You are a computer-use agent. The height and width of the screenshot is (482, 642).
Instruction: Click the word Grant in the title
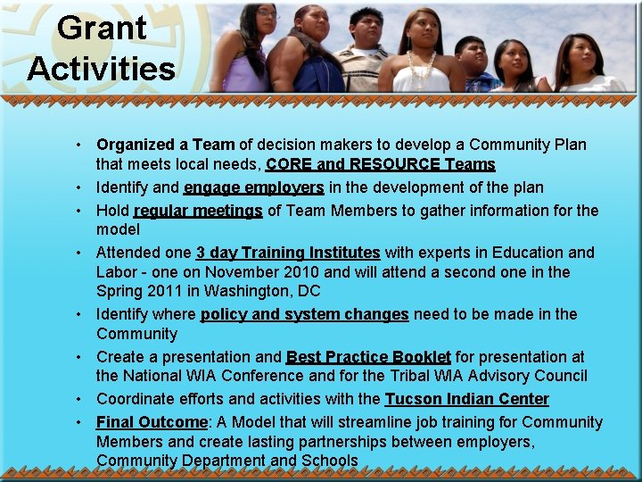[101, 28]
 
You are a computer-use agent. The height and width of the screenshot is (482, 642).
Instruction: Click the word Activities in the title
[101, 69]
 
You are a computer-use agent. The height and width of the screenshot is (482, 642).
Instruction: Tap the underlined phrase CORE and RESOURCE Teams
[380, 164]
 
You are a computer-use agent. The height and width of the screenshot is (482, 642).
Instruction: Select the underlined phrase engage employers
[253, 187]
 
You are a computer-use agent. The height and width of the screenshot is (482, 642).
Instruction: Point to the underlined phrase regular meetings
[198, 211]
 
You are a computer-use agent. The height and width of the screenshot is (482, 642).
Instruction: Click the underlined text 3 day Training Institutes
[288, 253]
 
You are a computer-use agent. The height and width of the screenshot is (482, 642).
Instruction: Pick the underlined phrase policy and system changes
[304, 314]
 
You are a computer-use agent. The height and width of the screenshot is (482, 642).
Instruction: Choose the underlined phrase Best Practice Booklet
[368, 356]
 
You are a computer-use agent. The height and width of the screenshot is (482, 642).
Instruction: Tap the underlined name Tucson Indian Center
[466, 399]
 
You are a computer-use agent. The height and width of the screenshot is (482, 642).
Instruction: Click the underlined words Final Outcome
[152, 422]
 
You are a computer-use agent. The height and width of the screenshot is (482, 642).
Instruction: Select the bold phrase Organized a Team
[166, 145]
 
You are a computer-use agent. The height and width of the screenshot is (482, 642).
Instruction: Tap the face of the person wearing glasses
[266, 17]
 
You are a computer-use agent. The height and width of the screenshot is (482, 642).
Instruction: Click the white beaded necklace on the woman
[421, 67]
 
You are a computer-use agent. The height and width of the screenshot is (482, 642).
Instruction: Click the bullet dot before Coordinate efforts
[79, 399]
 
